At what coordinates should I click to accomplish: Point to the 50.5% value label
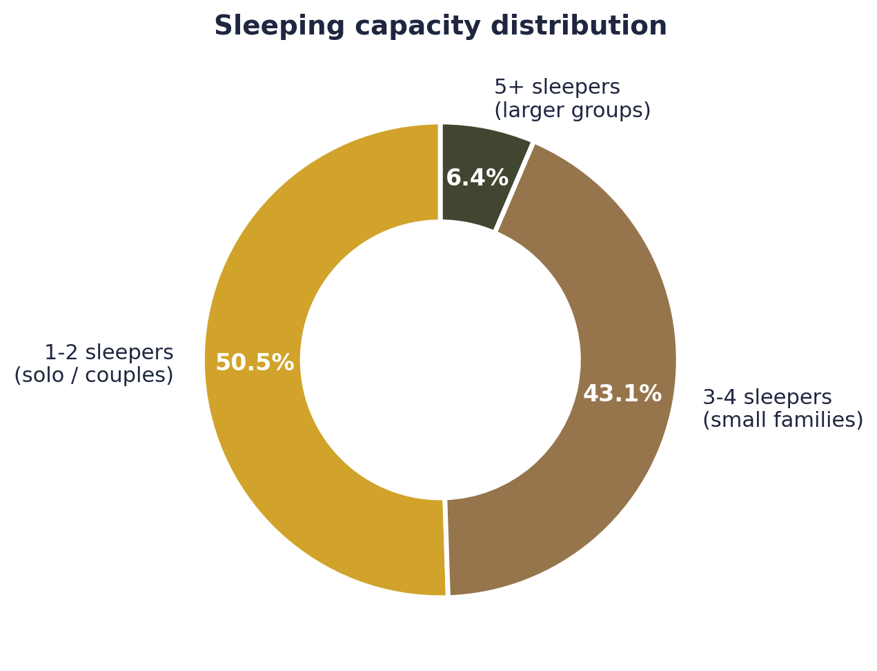[x=255, y=363]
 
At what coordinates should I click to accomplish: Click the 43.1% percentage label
[x=622, y=394]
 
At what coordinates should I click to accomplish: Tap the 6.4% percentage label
[x=477, y=178]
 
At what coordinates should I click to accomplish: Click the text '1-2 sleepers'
[x=109, y=353]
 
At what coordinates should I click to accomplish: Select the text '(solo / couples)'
[x=94, y=376]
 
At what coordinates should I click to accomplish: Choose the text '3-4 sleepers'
[x=767, y=398]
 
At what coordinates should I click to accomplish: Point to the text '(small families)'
[x=782, y=421]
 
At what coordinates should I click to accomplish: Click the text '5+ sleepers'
[x=557, y=88]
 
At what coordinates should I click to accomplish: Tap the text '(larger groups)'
[x=572, y=111]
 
